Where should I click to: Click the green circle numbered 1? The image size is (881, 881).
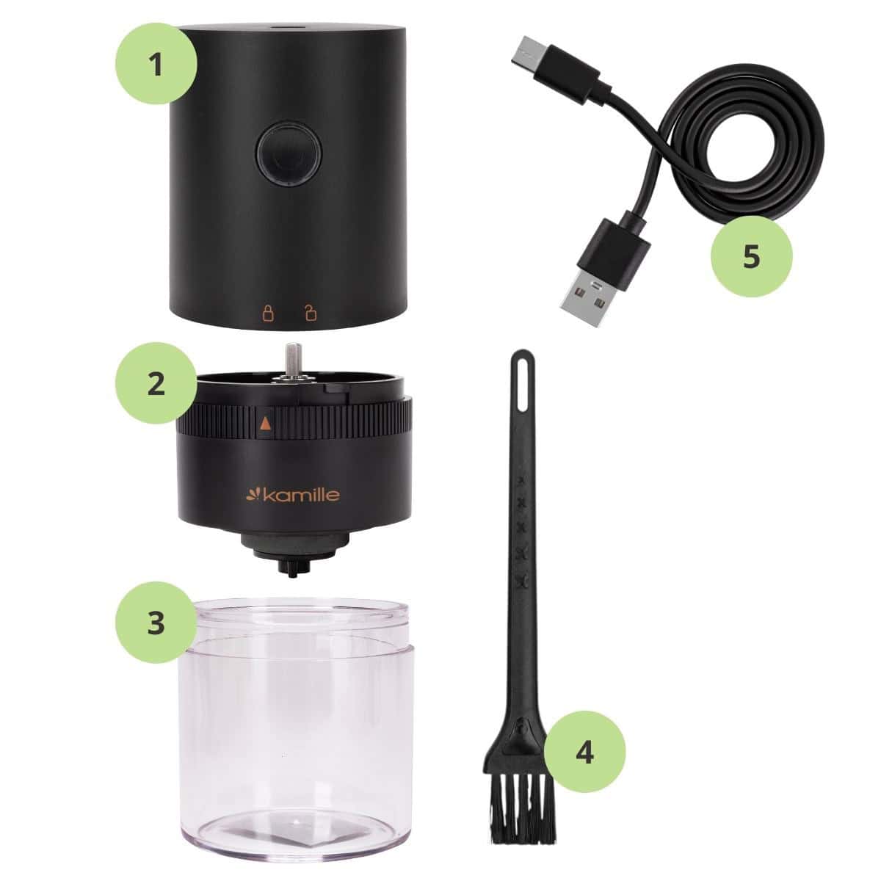[x=156, y=64]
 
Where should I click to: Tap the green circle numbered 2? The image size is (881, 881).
[x=156, y=383]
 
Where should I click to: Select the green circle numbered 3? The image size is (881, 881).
[x=156, y=623]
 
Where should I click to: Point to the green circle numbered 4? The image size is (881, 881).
[x=584, y=752]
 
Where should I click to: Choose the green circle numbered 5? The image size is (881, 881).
[x=751, y=256]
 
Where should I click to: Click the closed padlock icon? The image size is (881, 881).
[x=268, y=313]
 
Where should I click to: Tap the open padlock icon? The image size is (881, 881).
[x=311, y=313]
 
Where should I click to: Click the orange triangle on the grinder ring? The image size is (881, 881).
[x=265, y=424]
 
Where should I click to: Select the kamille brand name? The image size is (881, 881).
[x=293, y=494]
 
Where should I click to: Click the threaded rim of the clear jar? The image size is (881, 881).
[x=301, y=625]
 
